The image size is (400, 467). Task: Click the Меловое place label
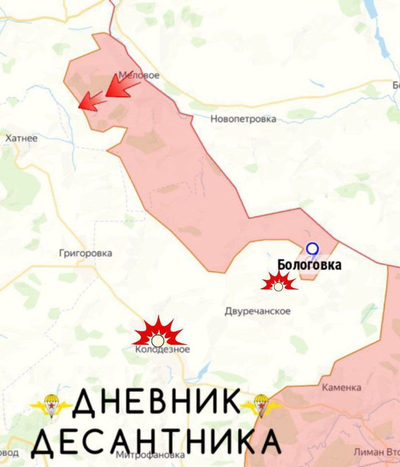pos(139,75)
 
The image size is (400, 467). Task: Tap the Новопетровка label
pos(243,119)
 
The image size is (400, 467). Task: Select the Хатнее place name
pos(21,138)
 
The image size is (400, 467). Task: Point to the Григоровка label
pos(86,253)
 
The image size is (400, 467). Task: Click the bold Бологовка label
pos(309,265)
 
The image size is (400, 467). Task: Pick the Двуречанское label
pos(258,311)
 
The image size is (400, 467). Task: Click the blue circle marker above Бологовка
pos(313,249)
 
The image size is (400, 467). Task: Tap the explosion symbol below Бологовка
pos(279,284)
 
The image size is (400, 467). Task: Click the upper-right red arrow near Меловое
pos(122,86)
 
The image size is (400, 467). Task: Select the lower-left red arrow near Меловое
pos(92,100)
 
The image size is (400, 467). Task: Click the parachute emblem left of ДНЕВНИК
pos(51,405)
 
